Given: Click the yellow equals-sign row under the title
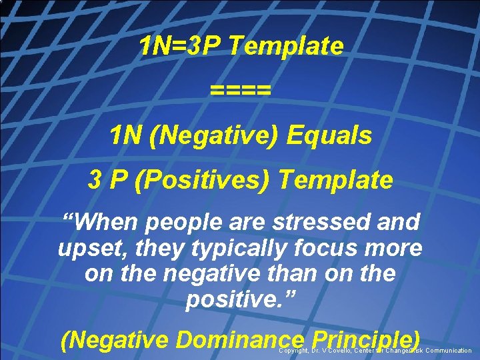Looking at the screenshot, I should (x=240, y=89).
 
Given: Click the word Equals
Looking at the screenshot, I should (x=329, y=135).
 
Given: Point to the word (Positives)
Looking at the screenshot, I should (x=203, y=179).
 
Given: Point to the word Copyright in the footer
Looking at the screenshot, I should (x=293, y=351).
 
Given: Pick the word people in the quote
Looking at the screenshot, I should (x=179, y=221).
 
